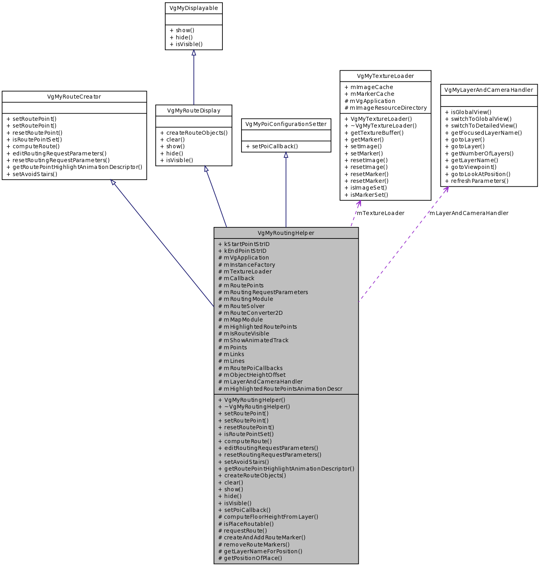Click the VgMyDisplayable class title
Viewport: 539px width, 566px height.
click(193, 8)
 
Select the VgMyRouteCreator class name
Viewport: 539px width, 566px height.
click(74, 97)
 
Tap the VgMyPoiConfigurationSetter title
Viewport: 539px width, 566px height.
click(286, 124)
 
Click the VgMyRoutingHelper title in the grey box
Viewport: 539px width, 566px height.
click(286, 233)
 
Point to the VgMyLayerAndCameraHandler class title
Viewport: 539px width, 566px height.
click(489, 90)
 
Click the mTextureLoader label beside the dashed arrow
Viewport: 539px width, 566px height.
click(381, 213)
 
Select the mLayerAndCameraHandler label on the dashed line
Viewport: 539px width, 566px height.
click(469, 213)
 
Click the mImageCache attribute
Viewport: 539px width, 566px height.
click(369, 87)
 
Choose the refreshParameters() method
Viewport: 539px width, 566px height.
click(477, 181)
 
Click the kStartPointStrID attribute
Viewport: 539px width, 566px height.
click(244, 244)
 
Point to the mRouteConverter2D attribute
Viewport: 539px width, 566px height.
click(251, 313)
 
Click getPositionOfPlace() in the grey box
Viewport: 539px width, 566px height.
click(250, 558)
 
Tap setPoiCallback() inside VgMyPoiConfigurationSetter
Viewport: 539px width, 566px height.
click(272, 147)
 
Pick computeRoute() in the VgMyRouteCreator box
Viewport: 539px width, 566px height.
click(33, 147)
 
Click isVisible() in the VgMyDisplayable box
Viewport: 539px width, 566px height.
click(186, 45)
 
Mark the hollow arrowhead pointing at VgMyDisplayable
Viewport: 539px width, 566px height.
click(194, 53)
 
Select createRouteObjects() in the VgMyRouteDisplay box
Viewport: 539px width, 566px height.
click(194, 133)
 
